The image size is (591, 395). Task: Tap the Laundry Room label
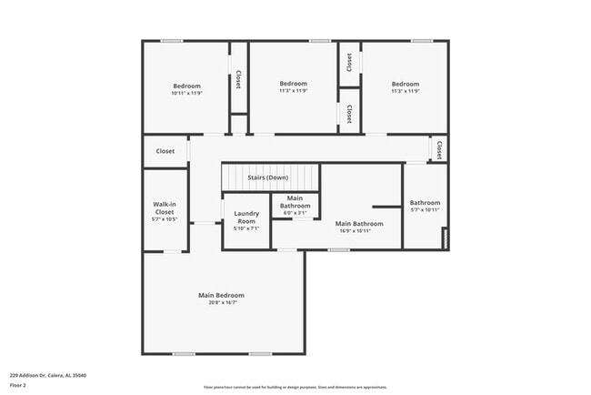(246, 218)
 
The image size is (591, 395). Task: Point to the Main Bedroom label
(222, 295)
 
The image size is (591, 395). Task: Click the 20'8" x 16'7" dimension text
(222, 302)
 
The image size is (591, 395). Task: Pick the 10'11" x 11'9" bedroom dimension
(186, 94)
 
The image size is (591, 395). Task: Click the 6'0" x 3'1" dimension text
(295, 213)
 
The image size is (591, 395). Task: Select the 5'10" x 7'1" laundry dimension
(246, 228)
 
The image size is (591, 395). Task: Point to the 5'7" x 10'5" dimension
(165, 219)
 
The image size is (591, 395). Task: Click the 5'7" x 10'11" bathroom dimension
(425, 210)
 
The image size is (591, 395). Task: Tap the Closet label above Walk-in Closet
(165, 151)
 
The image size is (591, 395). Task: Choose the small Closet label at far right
(439, 149)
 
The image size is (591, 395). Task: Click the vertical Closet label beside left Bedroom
(238, 79)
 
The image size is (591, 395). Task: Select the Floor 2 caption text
(18, 385)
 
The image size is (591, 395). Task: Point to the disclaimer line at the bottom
(295, 387)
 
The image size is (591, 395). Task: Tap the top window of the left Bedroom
(172, 41)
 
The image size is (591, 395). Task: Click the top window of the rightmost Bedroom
(421, 41)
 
